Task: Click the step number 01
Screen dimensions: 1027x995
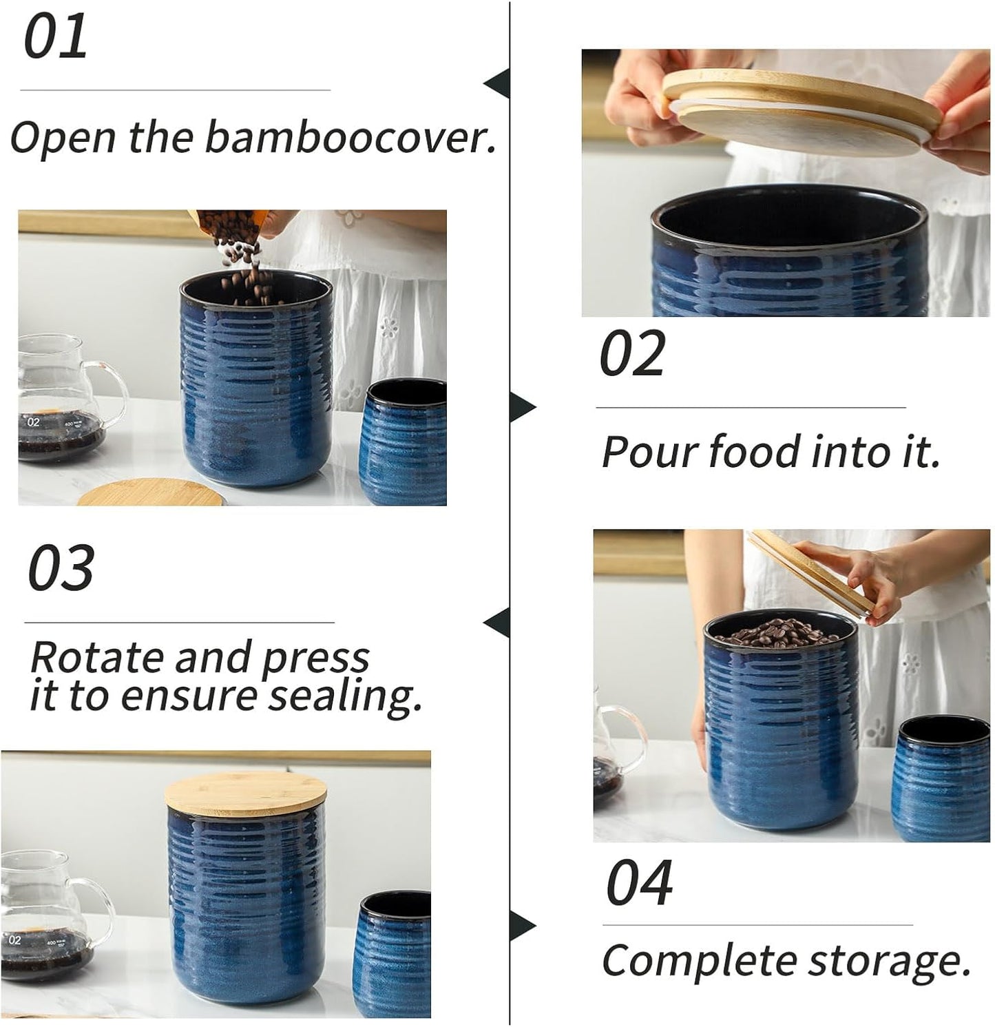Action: coord(56,37)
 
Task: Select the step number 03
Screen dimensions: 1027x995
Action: coord(61,568)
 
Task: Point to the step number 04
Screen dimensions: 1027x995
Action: coord(638,884)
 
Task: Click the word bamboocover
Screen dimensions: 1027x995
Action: coord(350,137)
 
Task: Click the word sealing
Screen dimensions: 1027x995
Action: coord(344,697)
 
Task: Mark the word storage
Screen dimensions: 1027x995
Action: coord(889,962)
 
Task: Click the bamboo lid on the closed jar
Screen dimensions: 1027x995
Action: coord(246,793)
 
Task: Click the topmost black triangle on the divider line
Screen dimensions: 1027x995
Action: coord(497,83)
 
